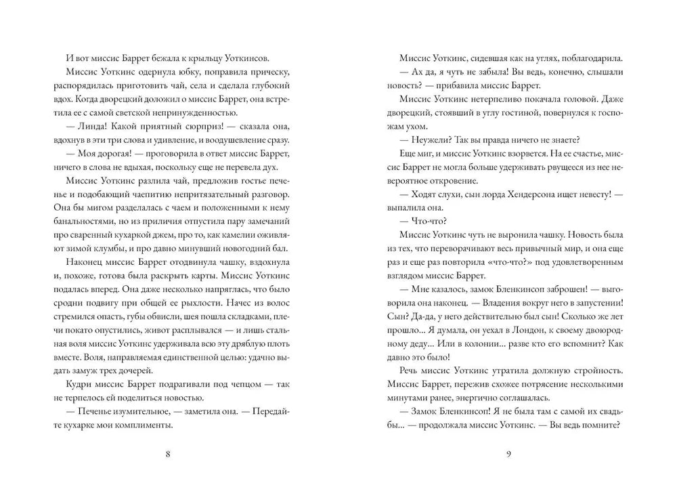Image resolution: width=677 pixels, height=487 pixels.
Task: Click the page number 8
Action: pyautogui.click(x=168, y=454)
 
